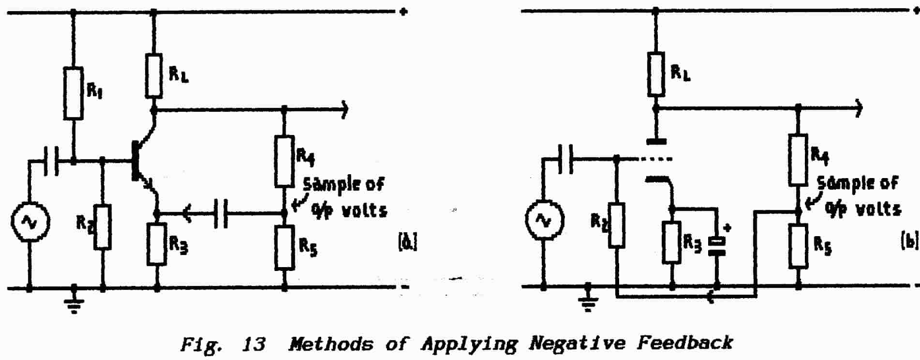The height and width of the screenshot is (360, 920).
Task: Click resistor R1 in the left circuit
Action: coord(74,93)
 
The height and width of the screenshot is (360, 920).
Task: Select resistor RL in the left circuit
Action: coord(154,76)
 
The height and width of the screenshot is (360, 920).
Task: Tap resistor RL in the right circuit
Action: coord(656,74)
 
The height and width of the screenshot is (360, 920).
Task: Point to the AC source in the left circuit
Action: coord(29,222)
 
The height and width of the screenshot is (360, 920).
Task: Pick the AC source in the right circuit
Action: coord(544,221)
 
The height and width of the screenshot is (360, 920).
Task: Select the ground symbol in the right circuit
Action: coord(589,302)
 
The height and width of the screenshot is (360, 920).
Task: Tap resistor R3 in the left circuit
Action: coord(157,244)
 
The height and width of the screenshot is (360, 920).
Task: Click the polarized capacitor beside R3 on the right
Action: coord(717,246)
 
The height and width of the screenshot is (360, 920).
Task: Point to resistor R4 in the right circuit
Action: coord(798,160)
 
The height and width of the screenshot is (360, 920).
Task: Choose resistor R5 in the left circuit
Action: coord(284,247)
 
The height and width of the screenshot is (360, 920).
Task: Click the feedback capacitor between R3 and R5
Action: coord(221,212)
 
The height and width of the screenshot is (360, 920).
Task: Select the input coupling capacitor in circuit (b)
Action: coord(565,158)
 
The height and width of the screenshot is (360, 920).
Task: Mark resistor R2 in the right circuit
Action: coord(616,225)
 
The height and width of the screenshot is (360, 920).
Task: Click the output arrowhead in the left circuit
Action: coord(344,110)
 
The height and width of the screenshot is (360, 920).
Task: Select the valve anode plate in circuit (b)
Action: coord(656,142)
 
